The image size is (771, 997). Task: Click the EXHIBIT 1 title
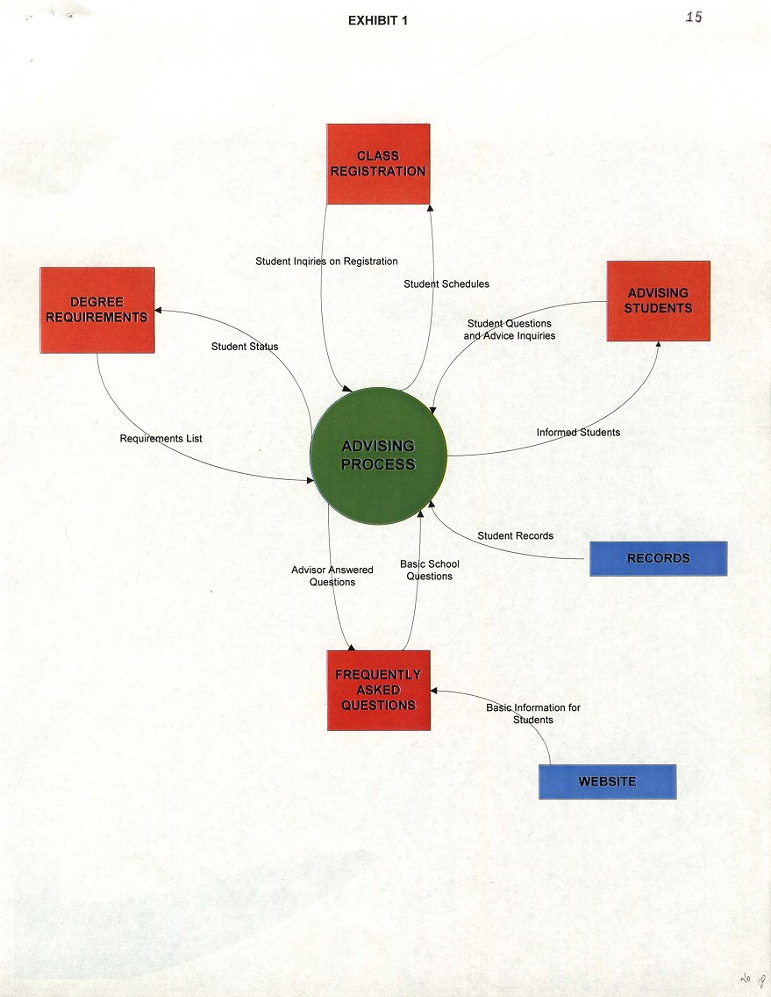(377, 21)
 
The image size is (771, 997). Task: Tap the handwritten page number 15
(693, 18)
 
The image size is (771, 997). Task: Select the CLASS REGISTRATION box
(378, 163)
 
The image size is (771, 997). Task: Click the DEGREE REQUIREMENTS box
(97, 310)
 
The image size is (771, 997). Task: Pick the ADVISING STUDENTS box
(658, 300)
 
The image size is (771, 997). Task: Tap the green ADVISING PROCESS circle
(378, 456)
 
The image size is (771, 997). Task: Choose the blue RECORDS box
(658, 558)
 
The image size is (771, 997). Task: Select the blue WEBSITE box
(607, 781)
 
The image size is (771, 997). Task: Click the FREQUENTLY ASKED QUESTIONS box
(378, 690)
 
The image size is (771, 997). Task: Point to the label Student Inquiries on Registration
(326, 262)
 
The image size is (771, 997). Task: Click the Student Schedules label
(446, 284)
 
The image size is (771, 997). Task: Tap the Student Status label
(245, 347)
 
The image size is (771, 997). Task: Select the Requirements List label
(161, 438)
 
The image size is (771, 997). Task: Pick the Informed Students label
(578, 433)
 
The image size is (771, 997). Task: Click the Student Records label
(515, 535)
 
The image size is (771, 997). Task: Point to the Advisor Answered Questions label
(332, 576)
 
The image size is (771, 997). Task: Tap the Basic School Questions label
(430, 570)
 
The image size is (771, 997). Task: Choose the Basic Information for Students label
(533, 714)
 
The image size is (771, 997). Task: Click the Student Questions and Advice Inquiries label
(509, 330)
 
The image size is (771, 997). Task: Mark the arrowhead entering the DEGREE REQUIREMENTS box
(159, 311)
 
